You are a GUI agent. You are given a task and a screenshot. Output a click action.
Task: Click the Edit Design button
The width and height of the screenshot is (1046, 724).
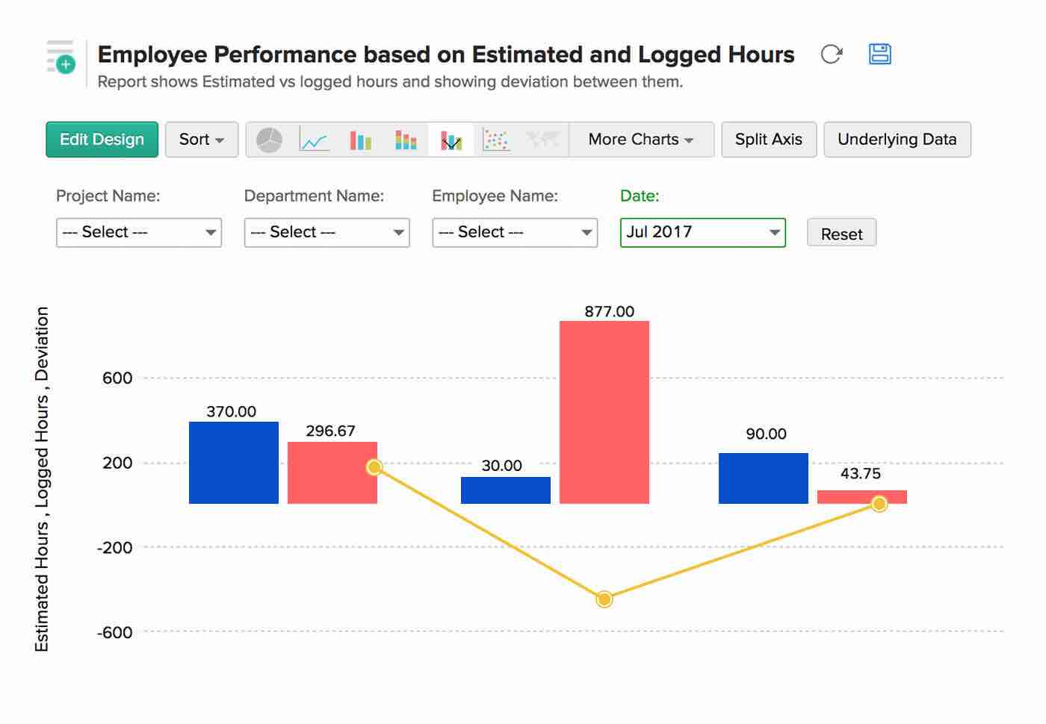(102, 140)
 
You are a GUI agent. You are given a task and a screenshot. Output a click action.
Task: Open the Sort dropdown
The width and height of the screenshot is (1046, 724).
(201, 140)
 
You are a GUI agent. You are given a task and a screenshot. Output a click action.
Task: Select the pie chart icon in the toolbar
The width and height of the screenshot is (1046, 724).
(269, 140)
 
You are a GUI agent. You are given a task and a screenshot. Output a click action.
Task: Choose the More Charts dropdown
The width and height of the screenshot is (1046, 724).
(640, 140)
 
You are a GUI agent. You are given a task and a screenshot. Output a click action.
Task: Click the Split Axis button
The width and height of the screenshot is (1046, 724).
(768, 140)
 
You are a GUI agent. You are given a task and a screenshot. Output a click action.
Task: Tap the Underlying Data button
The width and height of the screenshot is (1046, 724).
(897, 140)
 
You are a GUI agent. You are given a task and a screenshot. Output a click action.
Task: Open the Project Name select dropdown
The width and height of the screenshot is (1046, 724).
(139, 232)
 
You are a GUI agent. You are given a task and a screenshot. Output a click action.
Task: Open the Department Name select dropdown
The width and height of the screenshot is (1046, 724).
(327, 232)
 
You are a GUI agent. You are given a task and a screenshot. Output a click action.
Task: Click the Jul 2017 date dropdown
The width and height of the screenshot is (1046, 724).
(702, 232)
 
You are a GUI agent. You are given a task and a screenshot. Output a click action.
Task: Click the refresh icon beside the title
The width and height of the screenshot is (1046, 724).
(831, 54)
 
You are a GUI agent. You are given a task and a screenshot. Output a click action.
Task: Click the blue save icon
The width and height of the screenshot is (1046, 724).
(879, 54)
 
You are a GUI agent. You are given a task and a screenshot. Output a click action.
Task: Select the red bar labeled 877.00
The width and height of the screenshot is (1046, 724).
(604, 412)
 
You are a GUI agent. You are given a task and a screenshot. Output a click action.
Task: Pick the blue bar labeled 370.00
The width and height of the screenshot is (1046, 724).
(233, 463)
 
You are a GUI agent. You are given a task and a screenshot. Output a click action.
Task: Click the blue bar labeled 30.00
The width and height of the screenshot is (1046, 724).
(505, 490)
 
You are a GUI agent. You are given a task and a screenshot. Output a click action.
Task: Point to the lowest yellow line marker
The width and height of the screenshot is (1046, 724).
(604, 599)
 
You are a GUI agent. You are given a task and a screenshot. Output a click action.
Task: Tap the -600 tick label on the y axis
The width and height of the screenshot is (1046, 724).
(114, 632)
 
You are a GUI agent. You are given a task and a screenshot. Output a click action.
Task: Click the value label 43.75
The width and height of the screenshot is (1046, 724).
(860, 473)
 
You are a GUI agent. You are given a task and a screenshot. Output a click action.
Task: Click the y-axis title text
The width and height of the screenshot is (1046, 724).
(42, 479)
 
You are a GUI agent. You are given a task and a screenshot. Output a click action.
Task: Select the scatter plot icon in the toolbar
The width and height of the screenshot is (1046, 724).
(495, 140)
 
